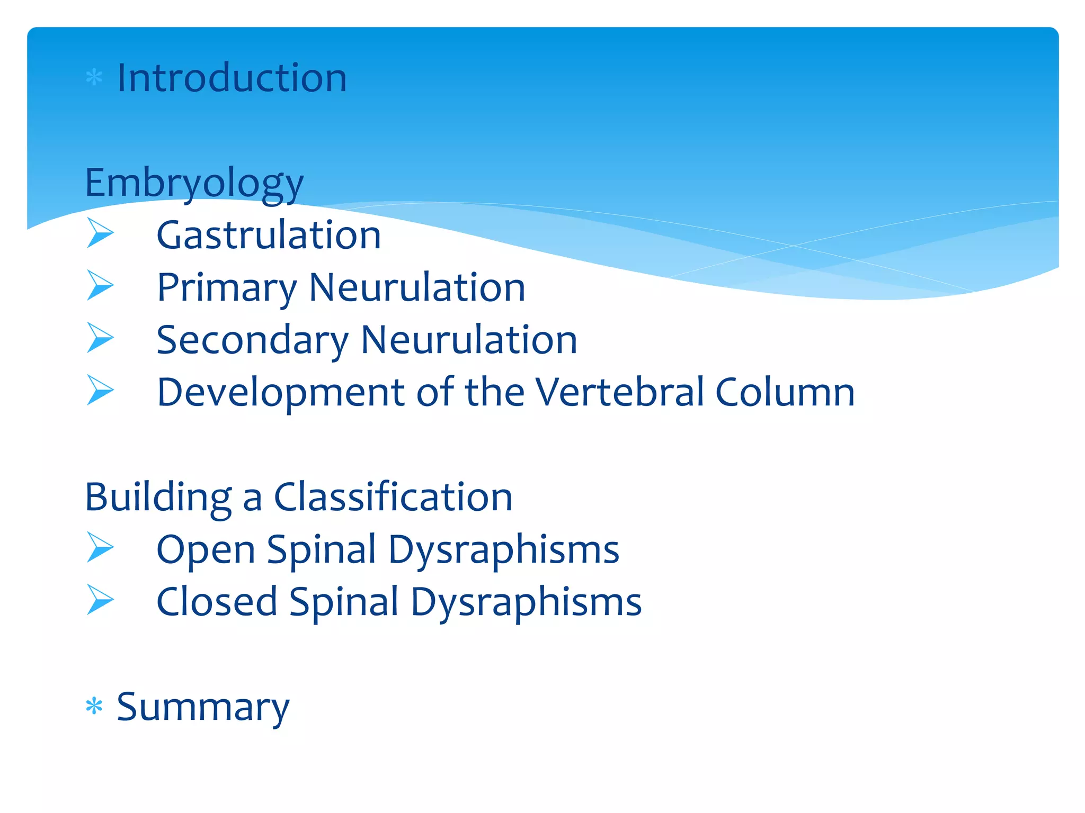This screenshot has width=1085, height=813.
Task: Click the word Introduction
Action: pyautogui.click(x=232, y=78)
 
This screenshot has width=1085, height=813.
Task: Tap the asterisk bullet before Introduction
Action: pyautogui.click(x=94, y=78)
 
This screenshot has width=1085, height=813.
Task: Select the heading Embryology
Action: pyautogui.click(x=194, y=183)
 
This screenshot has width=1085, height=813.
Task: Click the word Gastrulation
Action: pyautogui.click(x=269, y=235)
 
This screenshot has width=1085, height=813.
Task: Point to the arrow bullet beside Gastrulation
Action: pyautogui.click(x=100, y=233)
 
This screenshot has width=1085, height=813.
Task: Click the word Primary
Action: pyautogui.click(x=227, y=288)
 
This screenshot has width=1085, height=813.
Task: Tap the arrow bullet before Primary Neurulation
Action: pyautogui.click(x=100, y=285)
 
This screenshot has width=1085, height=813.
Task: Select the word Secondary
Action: pyautogui.click(x=253, y=340)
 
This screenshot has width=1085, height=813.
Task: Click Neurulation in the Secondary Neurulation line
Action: pyautogui.click(x=469, y=340)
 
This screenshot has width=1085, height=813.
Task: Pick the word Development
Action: pyautogui.click(x=281, y=393)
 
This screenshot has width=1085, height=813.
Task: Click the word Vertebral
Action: pyautogui.click(x=620, y=392)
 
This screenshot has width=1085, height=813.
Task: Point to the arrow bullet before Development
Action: pyautogui.click(x=100, y=390)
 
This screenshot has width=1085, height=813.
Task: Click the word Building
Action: pyautogui.click(x=158, y=498)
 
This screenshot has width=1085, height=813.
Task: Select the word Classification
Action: pyautogui.click(x=393, y=497)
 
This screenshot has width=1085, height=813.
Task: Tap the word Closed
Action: pyautogui.click(x=217, y=602)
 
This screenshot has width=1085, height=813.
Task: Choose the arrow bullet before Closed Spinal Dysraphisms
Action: pyautogui.click(x=100, y=600)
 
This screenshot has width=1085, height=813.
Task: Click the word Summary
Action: pyautogui.click(x=203, y=707)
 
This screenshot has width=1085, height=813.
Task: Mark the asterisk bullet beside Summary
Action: pyautogui.click(x=94, y=706)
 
